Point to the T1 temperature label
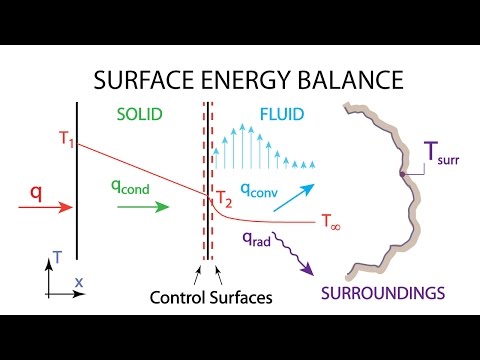66,140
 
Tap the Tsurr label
444,155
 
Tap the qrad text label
256,239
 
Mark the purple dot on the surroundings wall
402,175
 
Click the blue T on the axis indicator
59,257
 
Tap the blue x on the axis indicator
78,284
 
